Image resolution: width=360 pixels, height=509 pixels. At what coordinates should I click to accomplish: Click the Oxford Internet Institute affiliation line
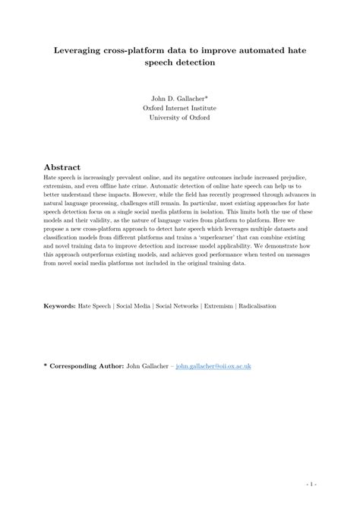(x=179, y=107)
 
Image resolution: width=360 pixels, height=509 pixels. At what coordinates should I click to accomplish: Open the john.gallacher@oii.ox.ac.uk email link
(x=213, y=366)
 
